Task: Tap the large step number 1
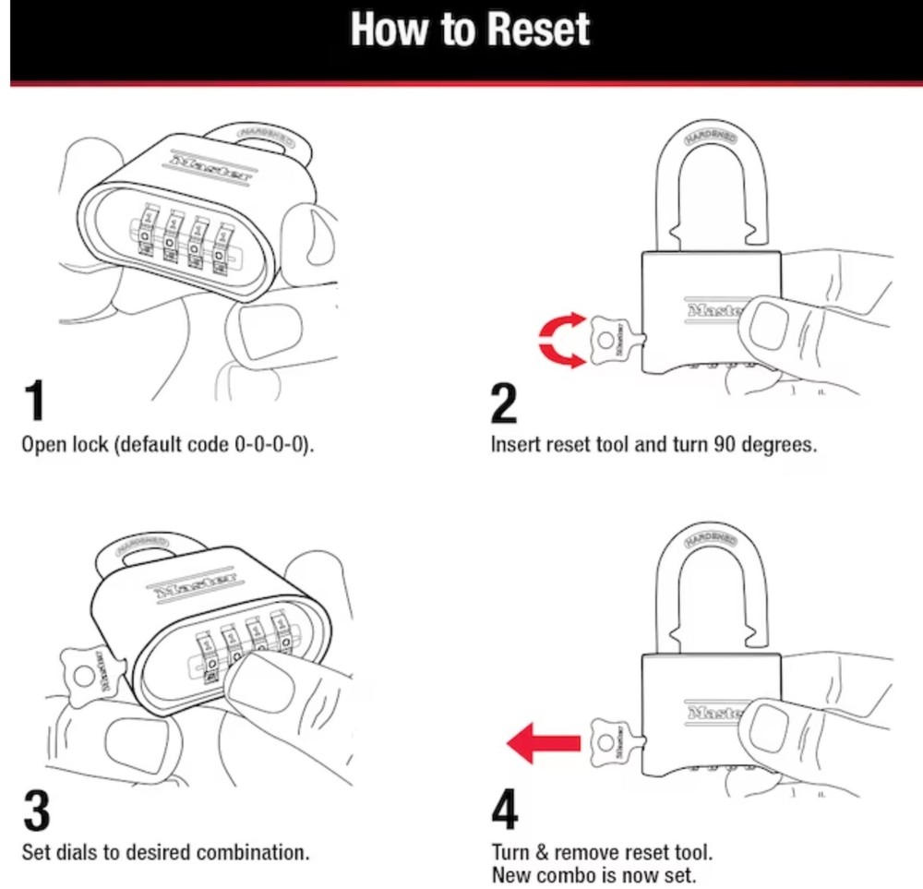[33, 402]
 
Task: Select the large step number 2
[504, 403]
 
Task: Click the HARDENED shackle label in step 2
[712, 137]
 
